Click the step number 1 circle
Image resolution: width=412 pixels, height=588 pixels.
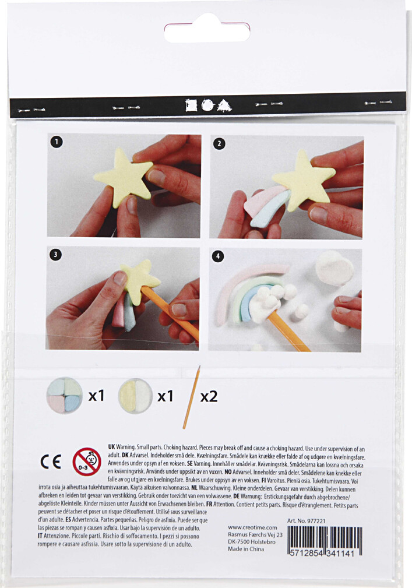(x=55, y=141)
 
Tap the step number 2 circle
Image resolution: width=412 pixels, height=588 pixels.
(x=218, y=143)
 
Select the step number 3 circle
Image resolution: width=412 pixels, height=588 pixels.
(x=55, y=253)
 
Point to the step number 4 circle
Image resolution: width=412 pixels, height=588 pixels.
(x=217, y=256)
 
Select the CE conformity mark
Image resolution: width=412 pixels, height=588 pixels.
(x=51, y=461)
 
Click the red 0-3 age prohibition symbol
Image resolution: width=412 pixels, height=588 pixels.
(x=87, y=462)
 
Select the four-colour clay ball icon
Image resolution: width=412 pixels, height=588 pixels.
(x=64, y=396)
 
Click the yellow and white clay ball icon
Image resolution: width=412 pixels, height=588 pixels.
(x=135, y=396)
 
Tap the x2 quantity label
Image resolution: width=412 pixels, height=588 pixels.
(x=209, y=396)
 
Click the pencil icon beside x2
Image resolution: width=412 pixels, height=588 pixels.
(x=191, y=397)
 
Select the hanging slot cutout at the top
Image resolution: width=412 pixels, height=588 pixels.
(x=207, y=32)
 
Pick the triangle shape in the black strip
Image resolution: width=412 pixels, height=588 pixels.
(x=224, y=105)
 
